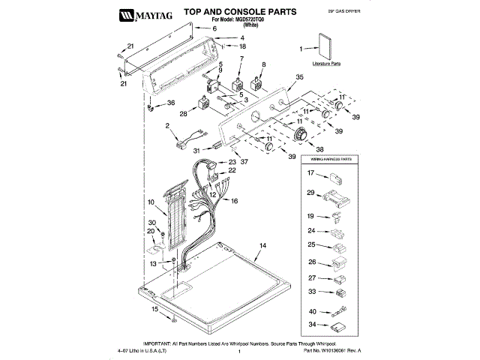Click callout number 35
tap(299, 76)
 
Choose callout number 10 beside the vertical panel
tap(151, 202)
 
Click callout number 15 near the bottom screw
tap(156, 309)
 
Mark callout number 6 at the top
tap(214, 28)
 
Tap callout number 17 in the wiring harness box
tap(309, 173)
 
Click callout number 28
tap(182, 114)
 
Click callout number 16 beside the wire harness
tap(234, 201)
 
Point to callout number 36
tap(170, 103)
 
